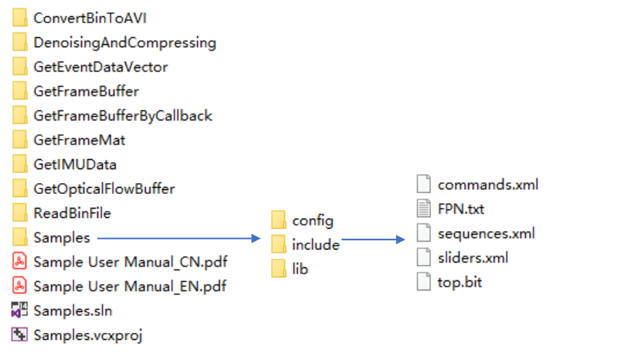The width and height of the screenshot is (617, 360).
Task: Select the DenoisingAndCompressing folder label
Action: click(124, 42)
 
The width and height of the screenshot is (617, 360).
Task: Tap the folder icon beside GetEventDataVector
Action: click(20, 67)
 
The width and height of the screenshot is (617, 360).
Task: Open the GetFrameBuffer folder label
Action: click(86, 91)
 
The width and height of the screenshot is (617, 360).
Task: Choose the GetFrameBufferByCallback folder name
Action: click(122, 116)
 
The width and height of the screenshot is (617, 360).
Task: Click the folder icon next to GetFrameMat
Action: click(20, 140)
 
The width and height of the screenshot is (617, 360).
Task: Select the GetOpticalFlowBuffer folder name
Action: click(103, 188)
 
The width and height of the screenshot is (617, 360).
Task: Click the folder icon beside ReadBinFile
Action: click(20, 213)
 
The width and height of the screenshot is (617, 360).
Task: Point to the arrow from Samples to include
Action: click(177, 238)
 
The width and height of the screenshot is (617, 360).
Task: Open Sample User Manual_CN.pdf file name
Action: click(131, 262)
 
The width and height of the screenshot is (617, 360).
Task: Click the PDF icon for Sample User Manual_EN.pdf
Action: click(20, 287)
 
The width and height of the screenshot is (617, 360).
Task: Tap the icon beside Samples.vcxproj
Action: click(20, 335)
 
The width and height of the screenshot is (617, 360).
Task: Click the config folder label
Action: click(313, 221)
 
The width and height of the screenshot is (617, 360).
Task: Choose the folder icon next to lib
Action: click(279, 270)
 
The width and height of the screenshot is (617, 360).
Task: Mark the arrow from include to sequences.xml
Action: click(374, 240)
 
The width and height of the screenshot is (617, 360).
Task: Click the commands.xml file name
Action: click(487, 185)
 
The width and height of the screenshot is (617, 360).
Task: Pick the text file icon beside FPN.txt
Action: click(423, 209)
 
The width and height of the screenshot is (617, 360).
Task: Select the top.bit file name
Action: click(460, 282)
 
